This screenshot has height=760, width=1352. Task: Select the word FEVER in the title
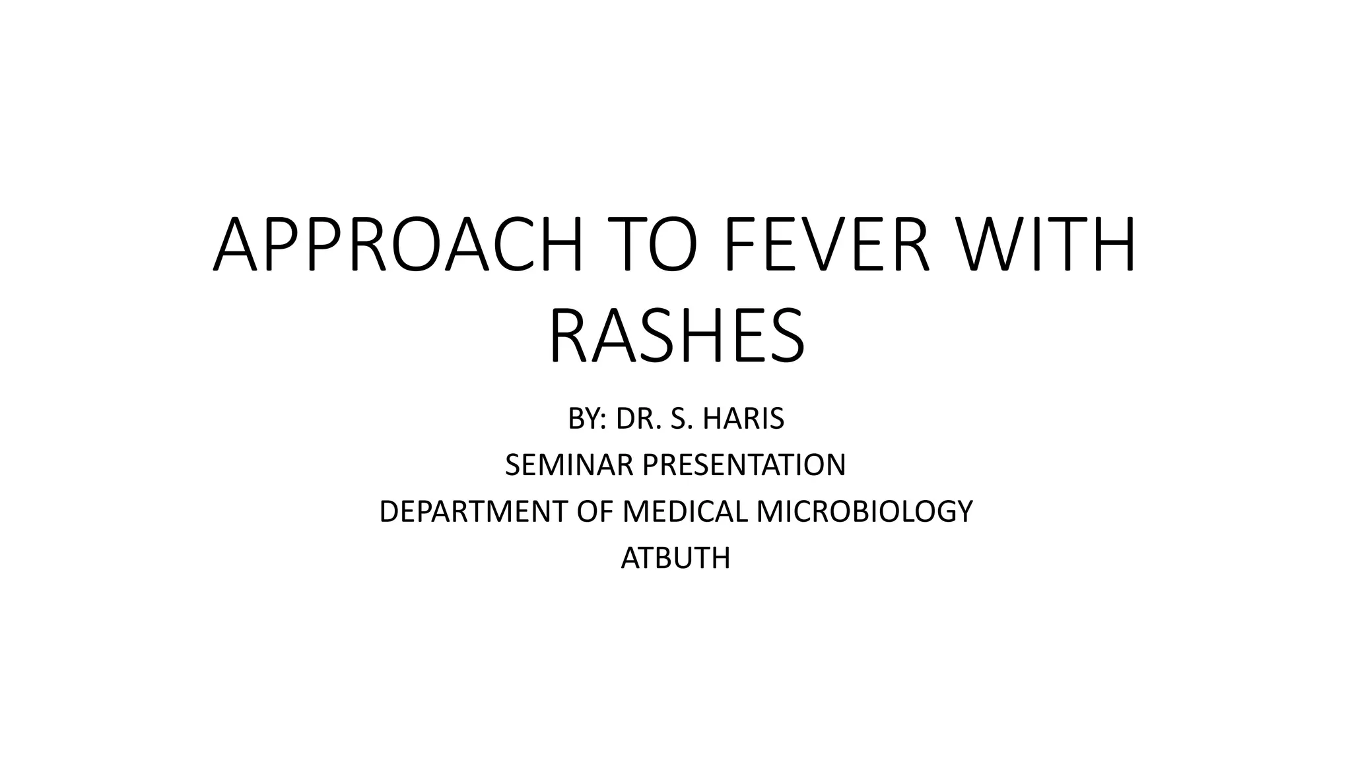point(828,245)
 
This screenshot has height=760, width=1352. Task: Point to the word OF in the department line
point(595,512)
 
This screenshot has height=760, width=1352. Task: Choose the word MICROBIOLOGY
point(865,512)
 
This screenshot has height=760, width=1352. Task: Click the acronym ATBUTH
point(676,559)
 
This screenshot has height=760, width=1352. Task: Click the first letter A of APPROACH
point(235,245)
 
